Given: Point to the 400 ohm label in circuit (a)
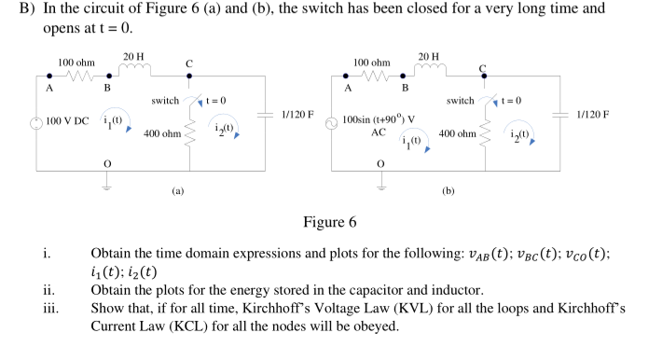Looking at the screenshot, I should [161, 134].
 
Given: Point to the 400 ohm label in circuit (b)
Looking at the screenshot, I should [457, 134].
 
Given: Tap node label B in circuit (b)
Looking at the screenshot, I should [405, 88].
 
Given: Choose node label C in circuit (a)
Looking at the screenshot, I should [189, 63].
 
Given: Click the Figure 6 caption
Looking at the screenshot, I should [330, 222].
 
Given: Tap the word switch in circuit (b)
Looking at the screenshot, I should [460, 100].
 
